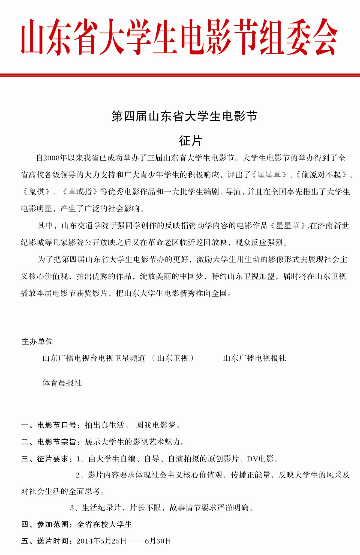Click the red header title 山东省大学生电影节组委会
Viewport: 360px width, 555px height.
click(179, 37)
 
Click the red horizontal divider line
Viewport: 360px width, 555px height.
click(180, 75)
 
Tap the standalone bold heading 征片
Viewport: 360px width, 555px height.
click(190, 141)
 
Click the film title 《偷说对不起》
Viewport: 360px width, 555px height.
click(321, 175)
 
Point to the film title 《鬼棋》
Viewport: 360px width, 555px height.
click(36, 192)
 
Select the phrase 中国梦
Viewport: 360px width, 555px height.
click(191, 276)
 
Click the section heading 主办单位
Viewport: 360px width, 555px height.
click(37, 341)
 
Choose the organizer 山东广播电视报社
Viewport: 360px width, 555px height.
click(254, 358)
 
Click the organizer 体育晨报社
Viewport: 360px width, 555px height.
click(62, 383)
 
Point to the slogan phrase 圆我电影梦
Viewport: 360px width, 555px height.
click(155, 425)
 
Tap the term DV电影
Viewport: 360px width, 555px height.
click(260, 459)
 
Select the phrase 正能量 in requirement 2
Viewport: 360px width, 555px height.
click(258, 475)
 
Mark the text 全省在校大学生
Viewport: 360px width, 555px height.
click(104, 524)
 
